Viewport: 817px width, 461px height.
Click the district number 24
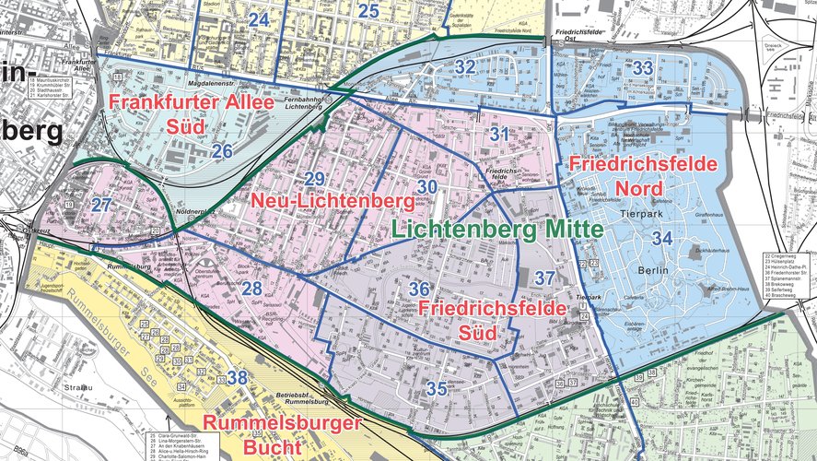point(259,19)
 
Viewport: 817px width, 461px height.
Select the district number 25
point(368,11)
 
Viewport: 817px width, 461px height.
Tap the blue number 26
point(222,150)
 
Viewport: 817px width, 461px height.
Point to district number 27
point(102,204)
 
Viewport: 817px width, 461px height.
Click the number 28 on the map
point(252,289)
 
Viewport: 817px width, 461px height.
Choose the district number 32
point(465,67)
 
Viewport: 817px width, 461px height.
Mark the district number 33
point(643,68)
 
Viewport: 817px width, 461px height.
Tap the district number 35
point(437,389)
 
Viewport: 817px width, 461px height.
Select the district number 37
point(545,278)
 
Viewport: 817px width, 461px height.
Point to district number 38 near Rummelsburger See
point(238,377)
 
